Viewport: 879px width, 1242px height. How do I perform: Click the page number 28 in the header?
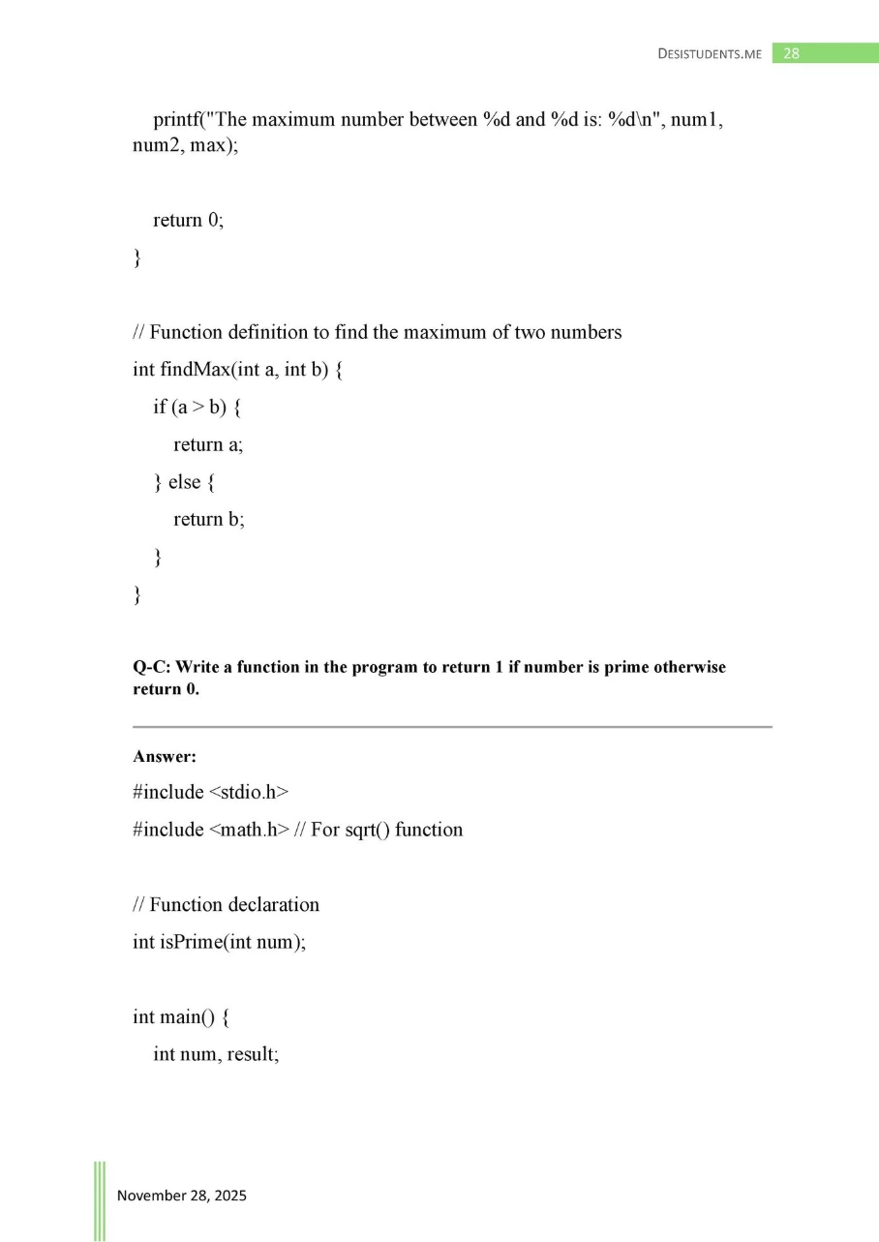[x=791, y=53]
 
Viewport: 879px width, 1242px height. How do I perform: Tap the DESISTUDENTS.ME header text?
[x=709, y=54]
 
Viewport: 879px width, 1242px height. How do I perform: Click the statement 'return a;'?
[x=208, y=444]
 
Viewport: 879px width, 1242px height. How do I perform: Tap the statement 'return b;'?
[x=209, y=520]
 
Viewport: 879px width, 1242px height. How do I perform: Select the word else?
[x=184, y=482]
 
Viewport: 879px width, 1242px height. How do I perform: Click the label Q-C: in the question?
[x=151, y=668]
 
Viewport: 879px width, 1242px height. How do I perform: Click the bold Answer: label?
[x=165, y=756]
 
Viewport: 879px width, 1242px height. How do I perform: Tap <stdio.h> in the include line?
[x=249, y=793]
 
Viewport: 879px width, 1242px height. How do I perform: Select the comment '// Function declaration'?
[x=226, y=905]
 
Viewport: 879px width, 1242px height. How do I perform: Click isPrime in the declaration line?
[x=191, y=942]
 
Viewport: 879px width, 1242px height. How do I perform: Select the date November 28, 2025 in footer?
[x=182, y=1196]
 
